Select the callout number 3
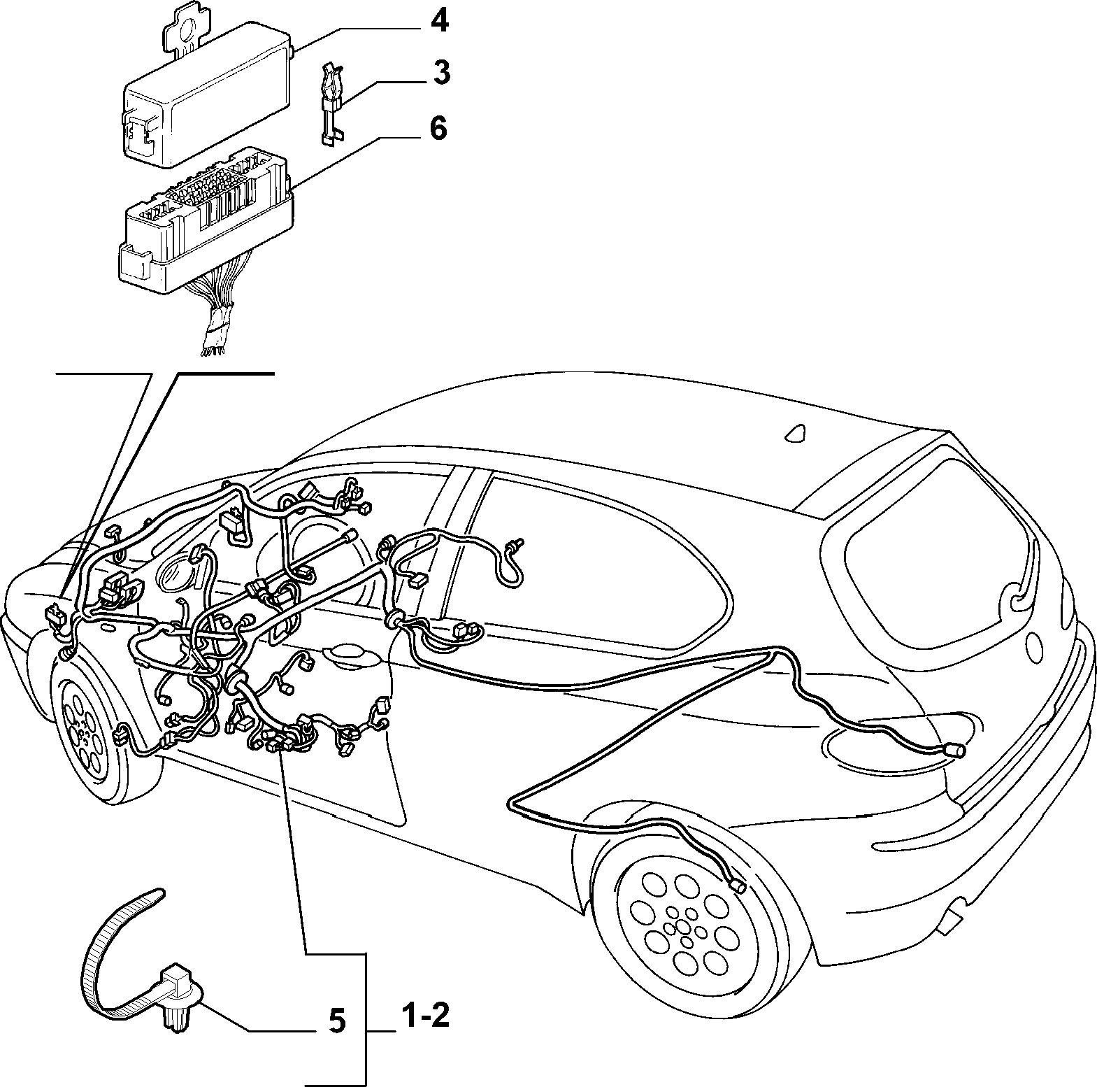click(441, 73)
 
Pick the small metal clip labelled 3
click(331, 104)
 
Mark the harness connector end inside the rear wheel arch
click(737, 886)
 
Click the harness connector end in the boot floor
click(954, 751)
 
